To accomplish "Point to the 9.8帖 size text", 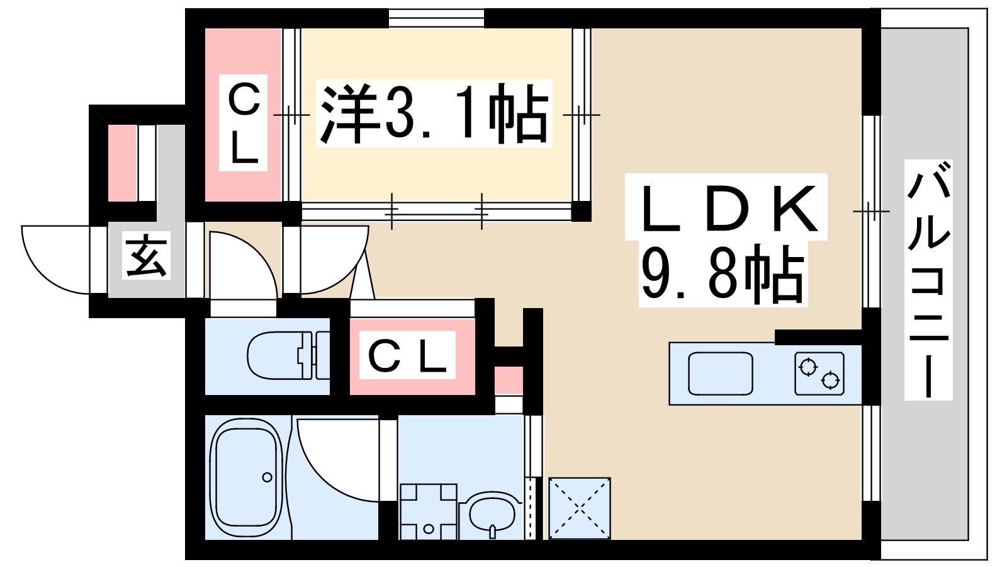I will pos(722,275).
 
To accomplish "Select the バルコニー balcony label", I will pos(928,280).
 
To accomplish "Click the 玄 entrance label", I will pos(147,257).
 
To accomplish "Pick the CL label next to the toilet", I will pos(407,356).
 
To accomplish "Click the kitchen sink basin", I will pos(721,373).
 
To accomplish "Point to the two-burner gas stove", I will pos(819,373).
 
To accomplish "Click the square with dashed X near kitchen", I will pos(580,508).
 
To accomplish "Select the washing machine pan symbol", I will pos(428,510).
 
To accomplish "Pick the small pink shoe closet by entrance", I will pos(122,163).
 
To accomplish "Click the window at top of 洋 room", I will pos(436,17).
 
